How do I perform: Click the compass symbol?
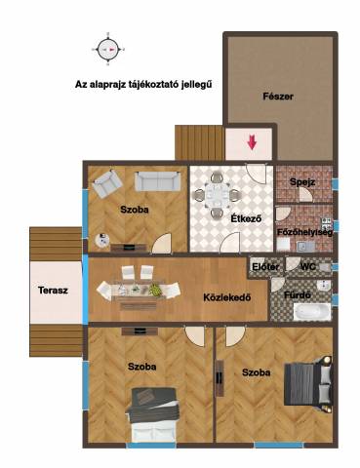tap(107, 50)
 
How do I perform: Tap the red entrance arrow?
tap(252, 142)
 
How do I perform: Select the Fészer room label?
tap(278, 97)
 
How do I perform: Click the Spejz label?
tap(302, 182)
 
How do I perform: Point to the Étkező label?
tap(246, 218)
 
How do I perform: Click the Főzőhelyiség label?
tap(304, 232)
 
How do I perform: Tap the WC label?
tap(307, 267)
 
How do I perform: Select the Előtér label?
tap(265, 267)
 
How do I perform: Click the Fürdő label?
tap(298, 295)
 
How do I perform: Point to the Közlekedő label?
tap(227, 297)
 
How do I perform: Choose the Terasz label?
tap(53, 290)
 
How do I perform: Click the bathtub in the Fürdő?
tap(312, 311)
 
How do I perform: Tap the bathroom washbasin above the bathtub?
tap(324, 285)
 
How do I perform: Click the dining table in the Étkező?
tap(217, 195)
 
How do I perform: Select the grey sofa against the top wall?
tap(158, 181)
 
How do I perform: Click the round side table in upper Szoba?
tap(102, 241)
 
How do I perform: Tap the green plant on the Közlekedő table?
tap(155, 290)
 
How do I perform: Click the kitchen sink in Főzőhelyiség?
tap(305, 246)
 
